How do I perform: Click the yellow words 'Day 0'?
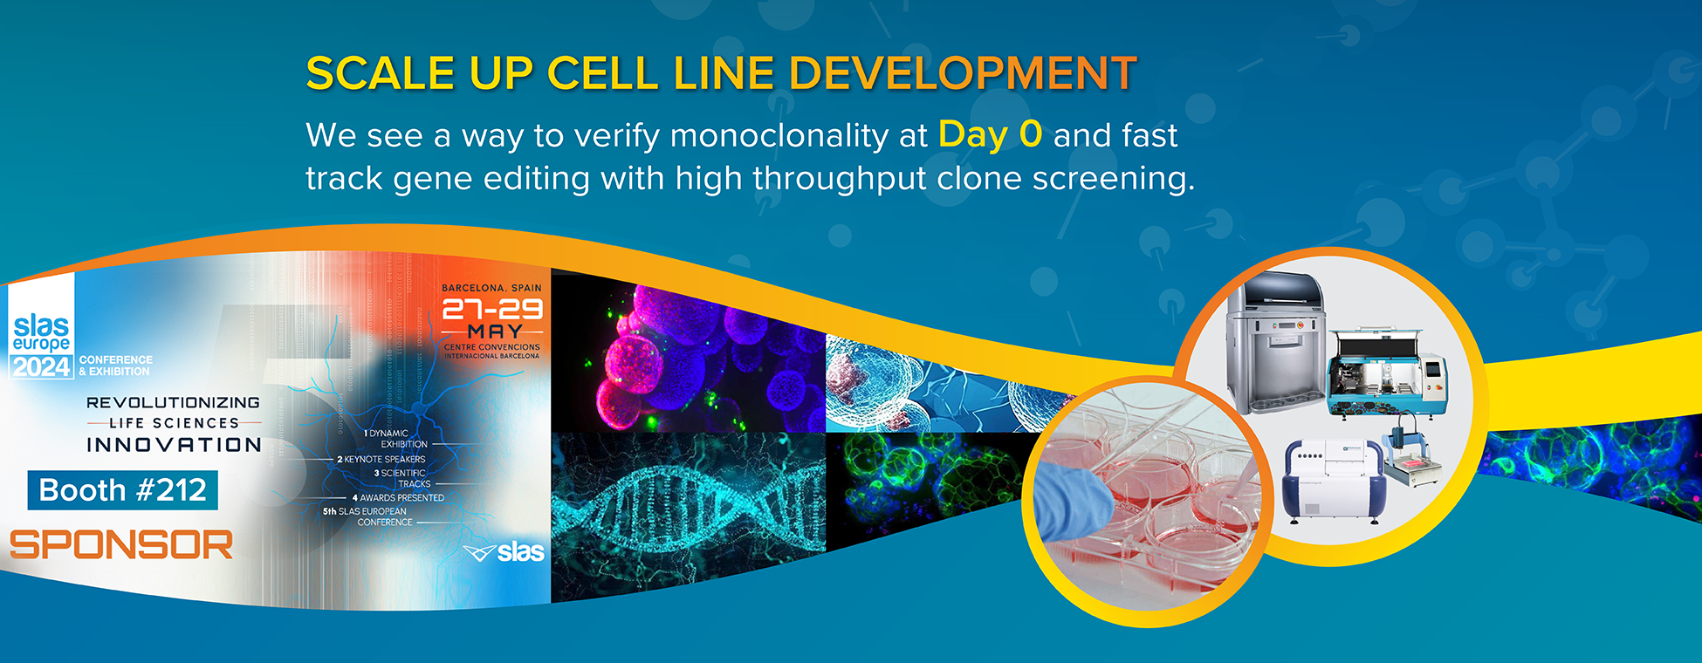pos(990,135)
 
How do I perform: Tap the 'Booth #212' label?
pos(123,490)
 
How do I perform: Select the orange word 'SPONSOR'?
pos(121,546)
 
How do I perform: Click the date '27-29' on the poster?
pos(492,309)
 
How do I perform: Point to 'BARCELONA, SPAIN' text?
pos(491,288)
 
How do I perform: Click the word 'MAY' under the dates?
pos(495,331)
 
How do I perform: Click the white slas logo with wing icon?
pos(504,552)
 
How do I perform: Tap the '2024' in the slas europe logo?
pos(41,367)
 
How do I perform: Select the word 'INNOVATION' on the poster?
pos(174,445)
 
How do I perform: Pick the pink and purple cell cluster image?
pos(690,358)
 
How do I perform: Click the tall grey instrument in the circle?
pos(1275,345)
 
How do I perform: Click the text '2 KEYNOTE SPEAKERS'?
pos(381,459)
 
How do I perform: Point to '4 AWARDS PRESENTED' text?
pos(398,497)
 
